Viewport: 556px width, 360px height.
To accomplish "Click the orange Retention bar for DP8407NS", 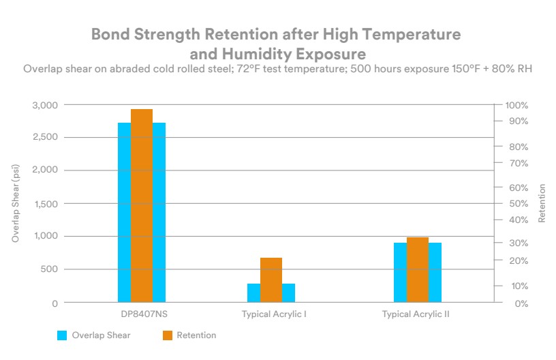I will pos(142,205).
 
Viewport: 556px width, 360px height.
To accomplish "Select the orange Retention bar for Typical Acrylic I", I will pos(271,280).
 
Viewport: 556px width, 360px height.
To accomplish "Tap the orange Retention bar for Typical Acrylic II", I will pos(418,269).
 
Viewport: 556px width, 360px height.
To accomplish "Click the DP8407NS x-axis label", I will pos(142,314).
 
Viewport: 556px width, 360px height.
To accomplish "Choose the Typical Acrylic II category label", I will pos(416,314).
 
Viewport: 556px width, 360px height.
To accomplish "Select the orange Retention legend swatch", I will pos(167,335).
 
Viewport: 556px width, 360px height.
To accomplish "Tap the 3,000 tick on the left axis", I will pos(46,105).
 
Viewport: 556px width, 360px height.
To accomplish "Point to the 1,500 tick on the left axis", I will pos(46,204).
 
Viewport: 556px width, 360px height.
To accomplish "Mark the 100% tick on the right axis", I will pos(517,105).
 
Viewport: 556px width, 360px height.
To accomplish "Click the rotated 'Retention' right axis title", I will pos(542,204).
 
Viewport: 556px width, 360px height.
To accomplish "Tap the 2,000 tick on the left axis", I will pos(46,170).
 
